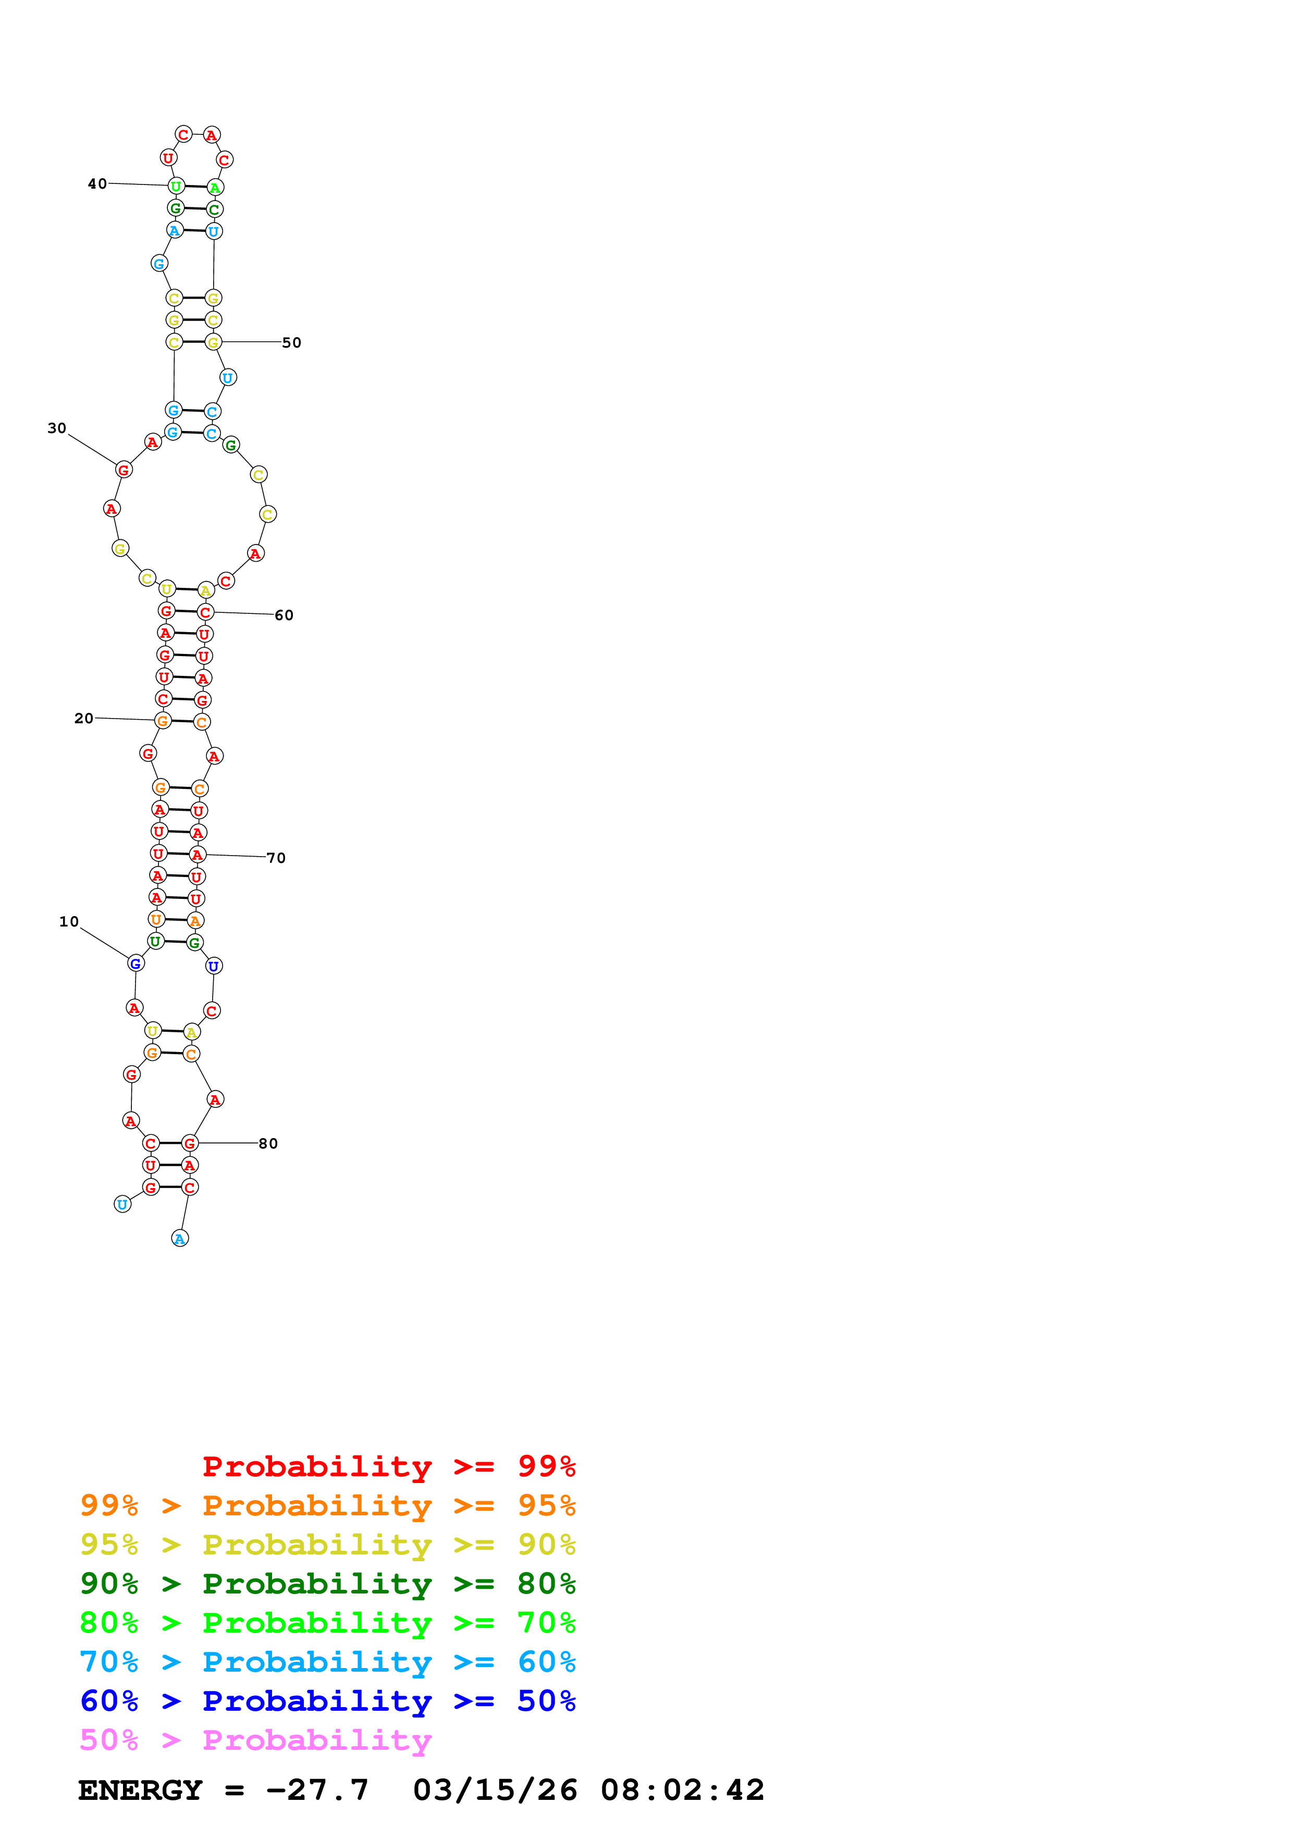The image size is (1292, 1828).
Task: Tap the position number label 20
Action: (x=83, y=718)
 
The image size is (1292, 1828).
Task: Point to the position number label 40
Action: (x=97, y=184)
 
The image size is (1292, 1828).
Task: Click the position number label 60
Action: (x=284, y=615)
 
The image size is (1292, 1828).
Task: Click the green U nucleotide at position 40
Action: (x=176, y=187)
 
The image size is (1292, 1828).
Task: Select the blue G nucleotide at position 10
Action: (x=136, y=964)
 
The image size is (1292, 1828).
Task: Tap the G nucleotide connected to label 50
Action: (x=213, y=342)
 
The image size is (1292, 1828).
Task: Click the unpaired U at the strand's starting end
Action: (x=122, y=1205)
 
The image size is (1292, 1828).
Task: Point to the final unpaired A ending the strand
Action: (x=180, y=1238)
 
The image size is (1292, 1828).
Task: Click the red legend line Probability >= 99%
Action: (x=388, y=1466)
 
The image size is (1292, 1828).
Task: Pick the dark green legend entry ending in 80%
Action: (x=327, y=1584)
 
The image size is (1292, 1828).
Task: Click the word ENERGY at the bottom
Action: (x=140, y=1790)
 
